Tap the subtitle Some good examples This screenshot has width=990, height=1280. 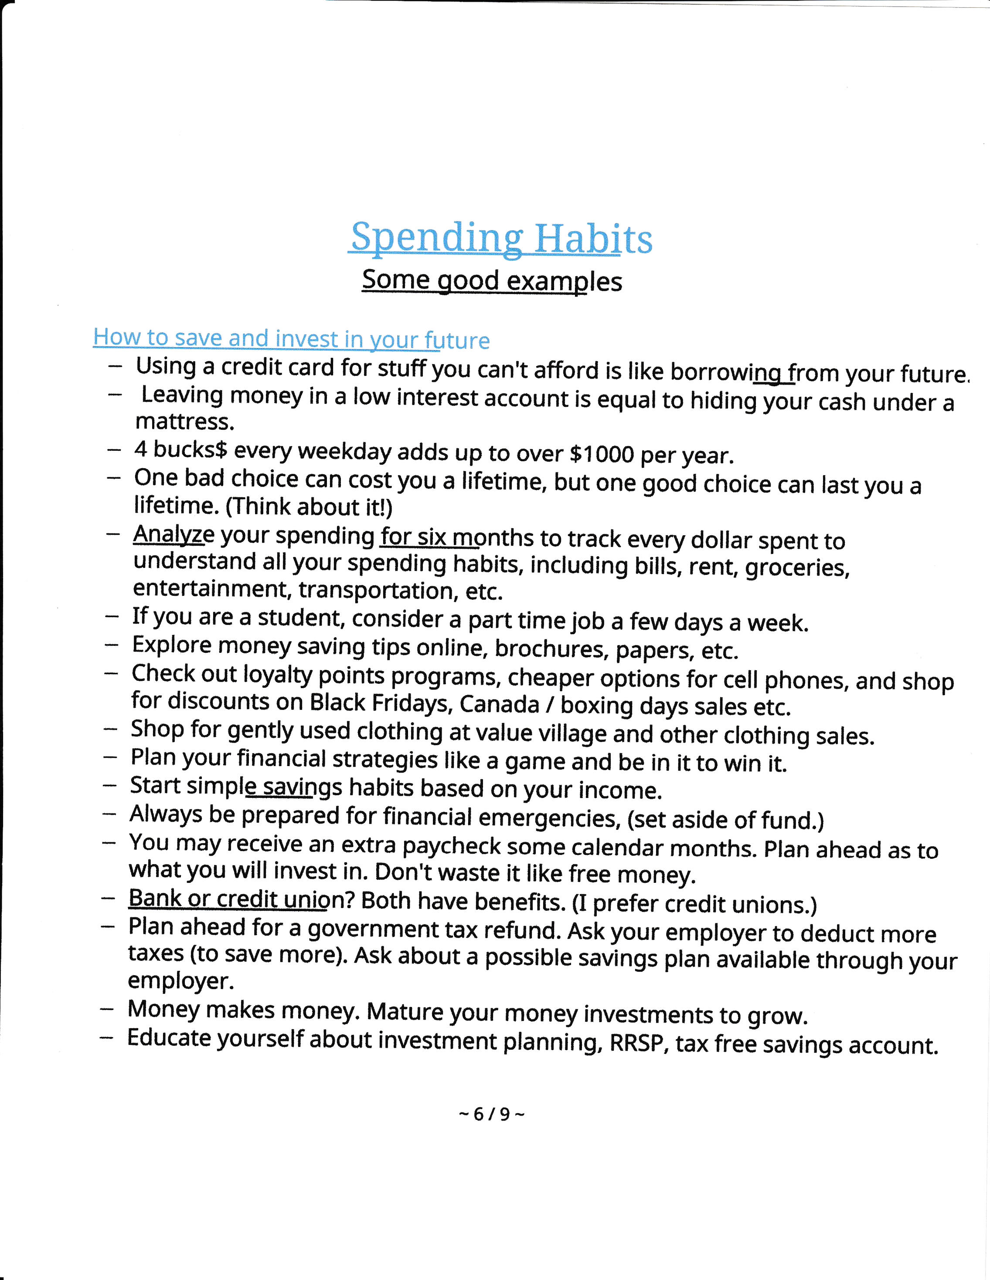[x=491, y=281]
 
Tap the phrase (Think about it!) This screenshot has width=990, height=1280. [x=309, y=507]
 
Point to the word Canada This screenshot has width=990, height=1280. [x=499, y=704]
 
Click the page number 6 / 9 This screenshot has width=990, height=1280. [x=491, y=1114]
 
